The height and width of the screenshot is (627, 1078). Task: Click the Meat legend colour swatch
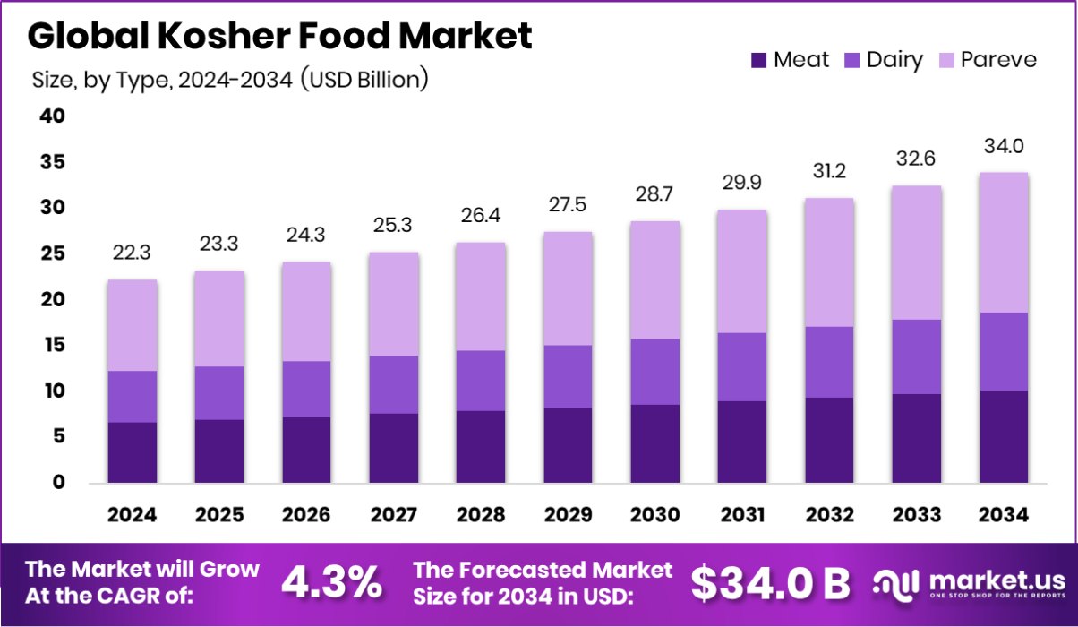(x=759, y=60)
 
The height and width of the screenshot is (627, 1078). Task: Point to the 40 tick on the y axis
(x=52, y=116)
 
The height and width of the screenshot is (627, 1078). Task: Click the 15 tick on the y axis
(x=52, y=345)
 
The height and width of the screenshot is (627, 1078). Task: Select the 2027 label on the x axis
(x=394, y=515)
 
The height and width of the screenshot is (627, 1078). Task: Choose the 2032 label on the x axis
(x=830, y=515)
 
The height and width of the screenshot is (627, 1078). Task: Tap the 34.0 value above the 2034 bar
(x=1004, y=146)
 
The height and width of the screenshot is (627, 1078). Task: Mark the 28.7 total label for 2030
(x=655, y=194)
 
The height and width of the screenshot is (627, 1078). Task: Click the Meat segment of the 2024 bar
(x=133, y=452)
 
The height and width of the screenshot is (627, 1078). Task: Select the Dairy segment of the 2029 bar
(x=569, y=376)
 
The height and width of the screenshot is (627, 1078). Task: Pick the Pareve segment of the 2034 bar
(x=1004, y=242)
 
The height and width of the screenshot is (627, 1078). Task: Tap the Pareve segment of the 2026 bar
(x=307, y=311)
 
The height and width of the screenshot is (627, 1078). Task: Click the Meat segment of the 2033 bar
(x=917, y=438)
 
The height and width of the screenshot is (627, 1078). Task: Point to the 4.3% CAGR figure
(x=331, y=583)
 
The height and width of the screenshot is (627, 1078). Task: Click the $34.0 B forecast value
(x=769, y=583)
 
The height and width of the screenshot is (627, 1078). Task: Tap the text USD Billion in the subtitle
(x=363, y=80)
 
